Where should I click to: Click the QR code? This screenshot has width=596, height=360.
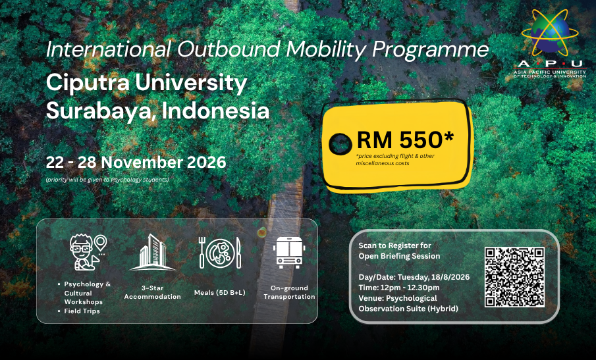pos(514,277)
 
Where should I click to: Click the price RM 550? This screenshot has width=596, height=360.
pos(405,140)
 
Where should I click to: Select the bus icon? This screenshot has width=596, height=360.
pos(289,252)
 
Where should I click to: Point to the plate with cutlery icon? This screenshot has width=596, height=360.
pos(220,253)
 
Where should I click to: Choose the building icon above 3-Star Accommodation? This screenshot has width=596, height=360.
pos(152,252)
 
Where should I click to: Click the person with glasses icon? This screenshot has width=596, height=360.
pos(88,252)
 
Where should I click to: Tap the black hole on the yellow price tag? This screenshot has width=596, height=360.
pos(340,144)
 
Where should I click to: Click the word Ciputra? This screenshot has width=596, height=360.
pos(88,83)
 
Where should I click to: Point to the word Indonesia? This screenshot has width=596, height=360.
pos(215,111)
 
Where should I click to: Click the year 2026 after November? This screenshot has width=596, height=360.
pos(206,163)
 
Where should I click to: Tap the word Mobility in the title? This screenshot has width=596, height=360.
pos(326,50)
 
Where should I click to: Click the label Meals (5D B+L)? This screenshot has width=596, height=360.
pos(220,293)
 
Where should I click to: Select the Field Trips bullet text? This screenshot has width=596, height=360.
pos(82,311)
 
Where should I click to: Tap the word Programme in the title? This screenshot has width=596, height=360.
pos(430,50)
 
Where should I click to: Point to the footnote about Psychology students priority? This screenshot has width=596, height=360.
pos(107,180)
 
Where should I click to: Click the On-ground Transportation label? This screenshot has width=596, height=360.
pos(289,292)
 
